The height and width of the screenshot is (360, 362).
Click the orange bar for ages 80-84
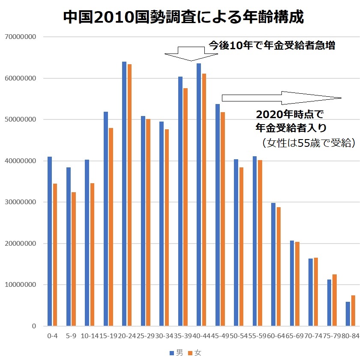353,311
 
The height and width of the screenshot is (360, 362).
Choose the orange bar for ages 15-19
111,227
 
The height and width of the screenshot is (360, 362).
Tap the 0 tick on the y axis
33,326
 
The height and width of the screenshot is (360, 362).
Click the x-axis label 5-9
71,336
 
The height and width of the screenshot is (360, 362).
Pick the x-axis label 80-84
350,336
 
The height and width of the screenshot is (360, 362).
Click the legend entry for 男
177,353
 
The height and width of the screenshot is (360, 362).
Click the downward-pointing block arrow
191,54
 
